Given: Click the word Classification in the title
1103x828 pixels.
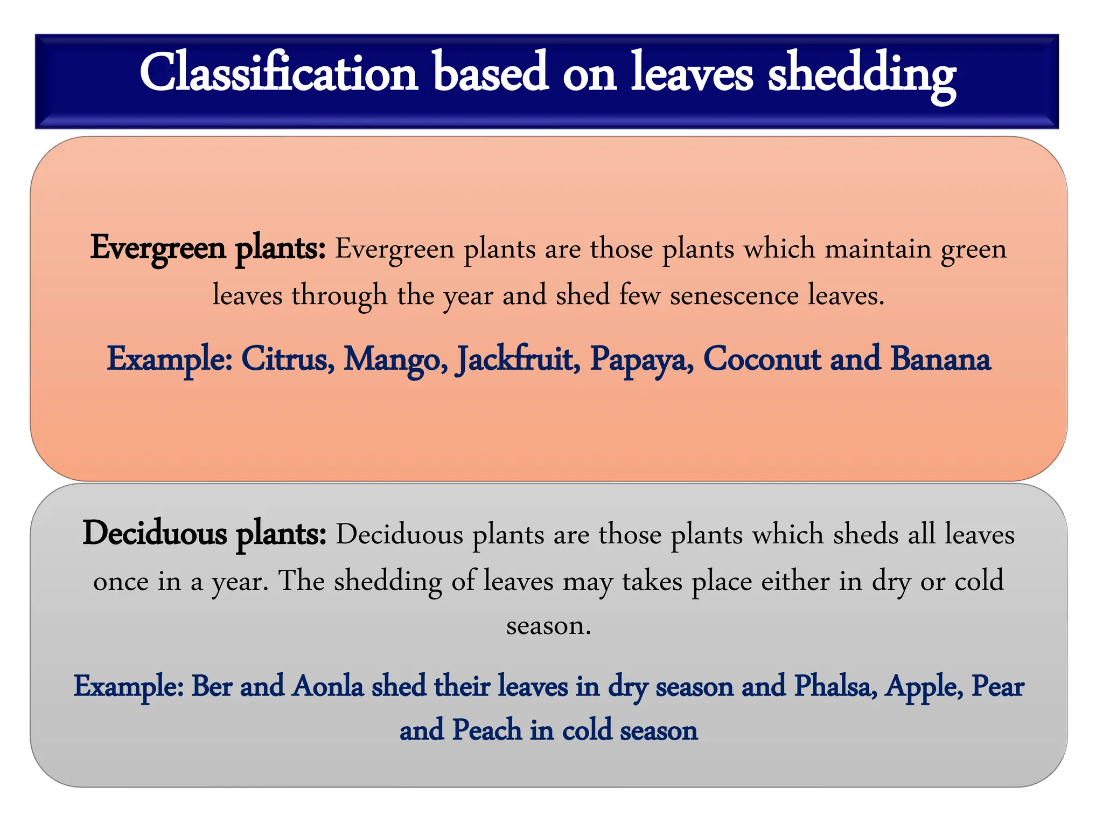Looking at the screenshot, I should [278, 73].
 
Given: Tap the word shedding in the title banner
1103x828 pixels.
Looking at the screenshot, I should [861, 75].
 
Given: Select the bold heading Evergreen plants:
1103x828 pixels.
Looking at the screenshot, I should [207, 249].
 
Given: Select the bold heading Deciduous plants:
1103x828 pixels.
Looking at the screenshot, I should [204, 534].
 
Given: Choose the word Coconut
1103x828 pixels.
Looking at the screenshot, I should [762, 359].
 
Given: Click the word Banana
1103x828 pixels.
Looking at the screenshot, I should [940, 359].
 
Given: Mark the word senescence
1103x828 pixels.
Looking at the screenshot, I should [734, 295].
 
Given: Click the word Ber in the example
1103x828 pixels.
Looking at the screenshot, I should [211, 686].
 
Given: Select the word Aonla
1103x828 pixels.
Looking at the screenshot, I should [327, 686].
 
